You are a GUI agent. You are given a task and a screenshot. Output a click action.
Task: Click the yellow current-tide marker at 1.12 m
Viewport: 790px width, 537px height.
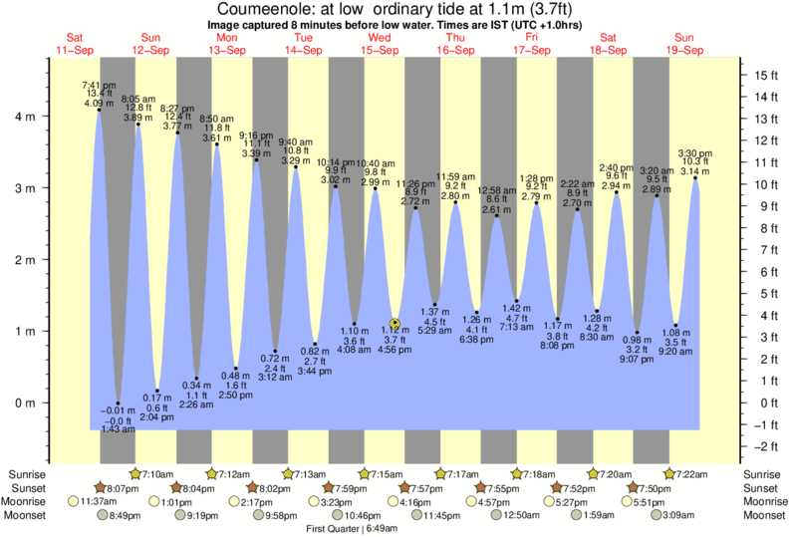[395, 324]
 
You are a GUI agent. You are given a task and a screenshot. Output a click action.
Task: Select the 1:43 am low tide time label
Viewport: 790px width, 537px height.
[118, 429]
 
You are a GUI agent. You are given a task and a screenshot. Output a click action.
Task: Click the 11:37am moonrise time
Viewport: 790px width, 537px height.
[90, 501]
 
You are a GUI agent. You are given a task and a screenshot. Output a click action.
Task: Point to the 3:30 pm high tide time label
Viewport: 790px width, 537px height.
[694, 152]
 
